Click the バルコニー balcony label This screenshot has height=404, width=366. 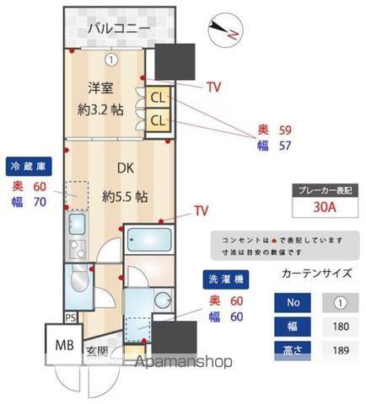(120, 29)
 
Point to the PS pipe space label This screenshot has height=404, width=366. (71, 318)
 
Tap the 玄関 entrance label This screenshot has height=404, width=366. (96, 351)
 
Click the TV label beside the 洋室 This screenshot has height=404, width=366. (214, 86)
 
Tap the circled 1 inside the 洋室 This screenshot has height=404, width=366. (111, 59)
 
